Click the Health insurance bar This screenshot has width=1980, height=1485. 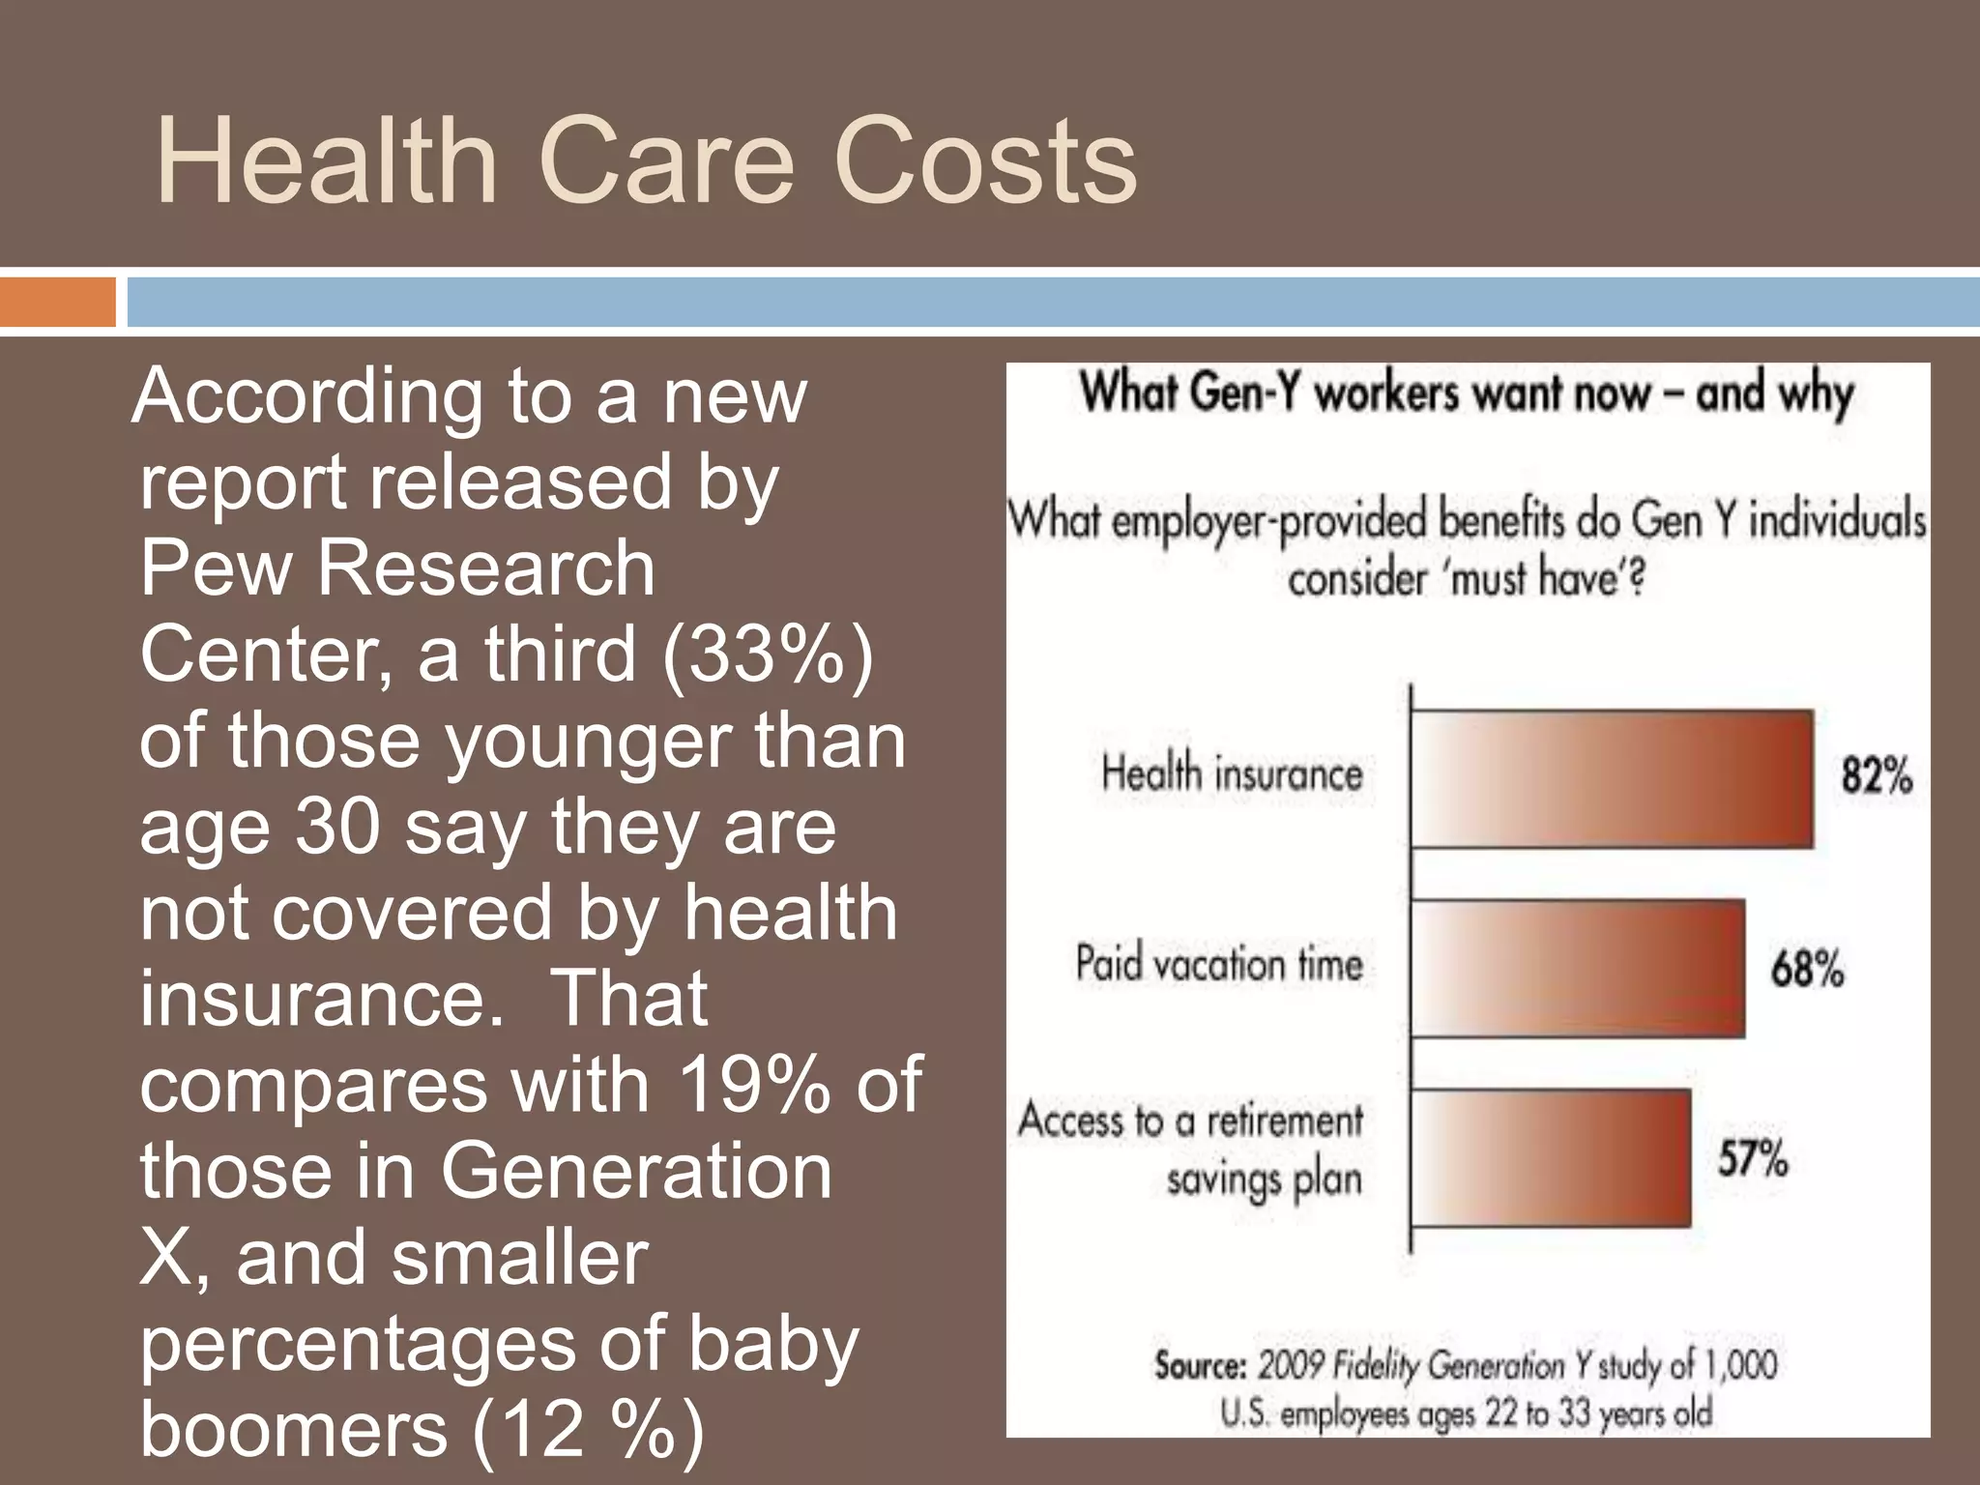tap(1612, 778)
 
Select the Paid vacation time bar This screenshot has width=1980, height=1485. tap(1578, 968)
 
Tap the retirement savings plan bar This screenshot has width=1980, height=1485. tap(1551, 1157)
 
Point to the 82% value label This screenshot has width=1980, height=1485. tap(1876, 776)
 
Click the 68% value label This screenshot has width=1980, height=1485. tap(1807, 968)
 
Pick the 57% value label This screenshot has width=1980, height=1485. tap(1752, 1157)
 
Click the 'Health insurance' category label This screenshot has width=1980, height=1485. tap(1232, 774)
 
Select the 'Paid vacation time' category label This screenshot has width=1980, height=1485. tap(1219, 964)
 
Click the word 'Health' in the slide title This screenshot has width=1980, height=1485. tap(326, 161)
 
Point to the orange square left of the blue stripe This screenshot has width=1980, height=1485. tap(57, 302)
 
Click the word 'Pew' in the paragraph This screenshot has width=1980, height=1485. tap(216, 568)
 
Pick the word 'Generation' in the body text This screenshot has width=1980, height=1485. tap(635, 1171)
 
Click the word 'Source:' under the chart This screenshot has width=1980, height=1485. tap(1200, 1366)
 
